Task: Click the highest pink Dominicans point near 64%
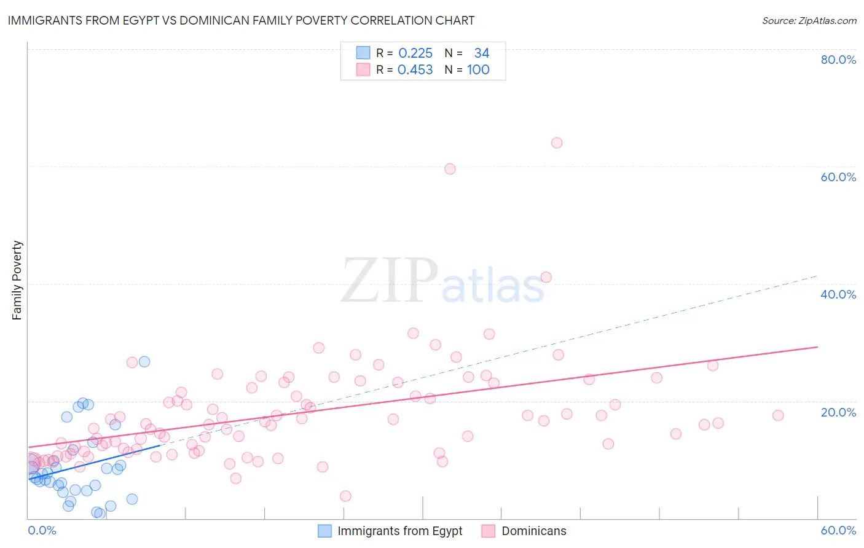click(x=557, y=143)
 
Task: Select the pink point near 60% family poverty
click(x=450, y=169)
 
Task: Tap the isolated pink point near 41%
click(x=546, y=277)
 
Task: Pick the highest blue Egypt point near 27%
click(x=144, y=361)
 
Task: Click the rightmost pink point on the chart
click(x=778, y=415)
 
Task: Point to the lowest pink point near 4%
click(x=345, y=496)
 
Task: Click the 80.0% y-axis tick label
click(x=838, y=60)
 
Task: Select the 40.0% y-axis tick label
click(x=838, y=294)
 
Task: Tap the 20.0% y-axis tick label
click(x=838, y=412)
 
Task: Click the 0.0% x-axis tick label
click(x=42, y=531)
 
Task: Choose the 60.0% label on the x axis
click(x=838, y=531)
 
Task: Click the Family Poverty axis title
click(x=17, y=280)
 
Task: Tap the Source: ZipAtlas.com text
click(x=809, y=21)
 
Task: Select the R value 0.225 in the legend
click(x=415, y=53)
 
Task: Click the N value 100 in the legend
click(x=478, y=70)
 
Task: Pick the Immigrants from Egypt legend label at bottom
click(x=400, y=531)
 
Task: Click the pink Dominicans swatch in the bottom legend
click(x=489, y=531)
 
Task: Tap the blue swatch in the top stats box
click(x=363, y=53)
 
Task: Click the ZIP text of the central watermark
click(x=390, y=281)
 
